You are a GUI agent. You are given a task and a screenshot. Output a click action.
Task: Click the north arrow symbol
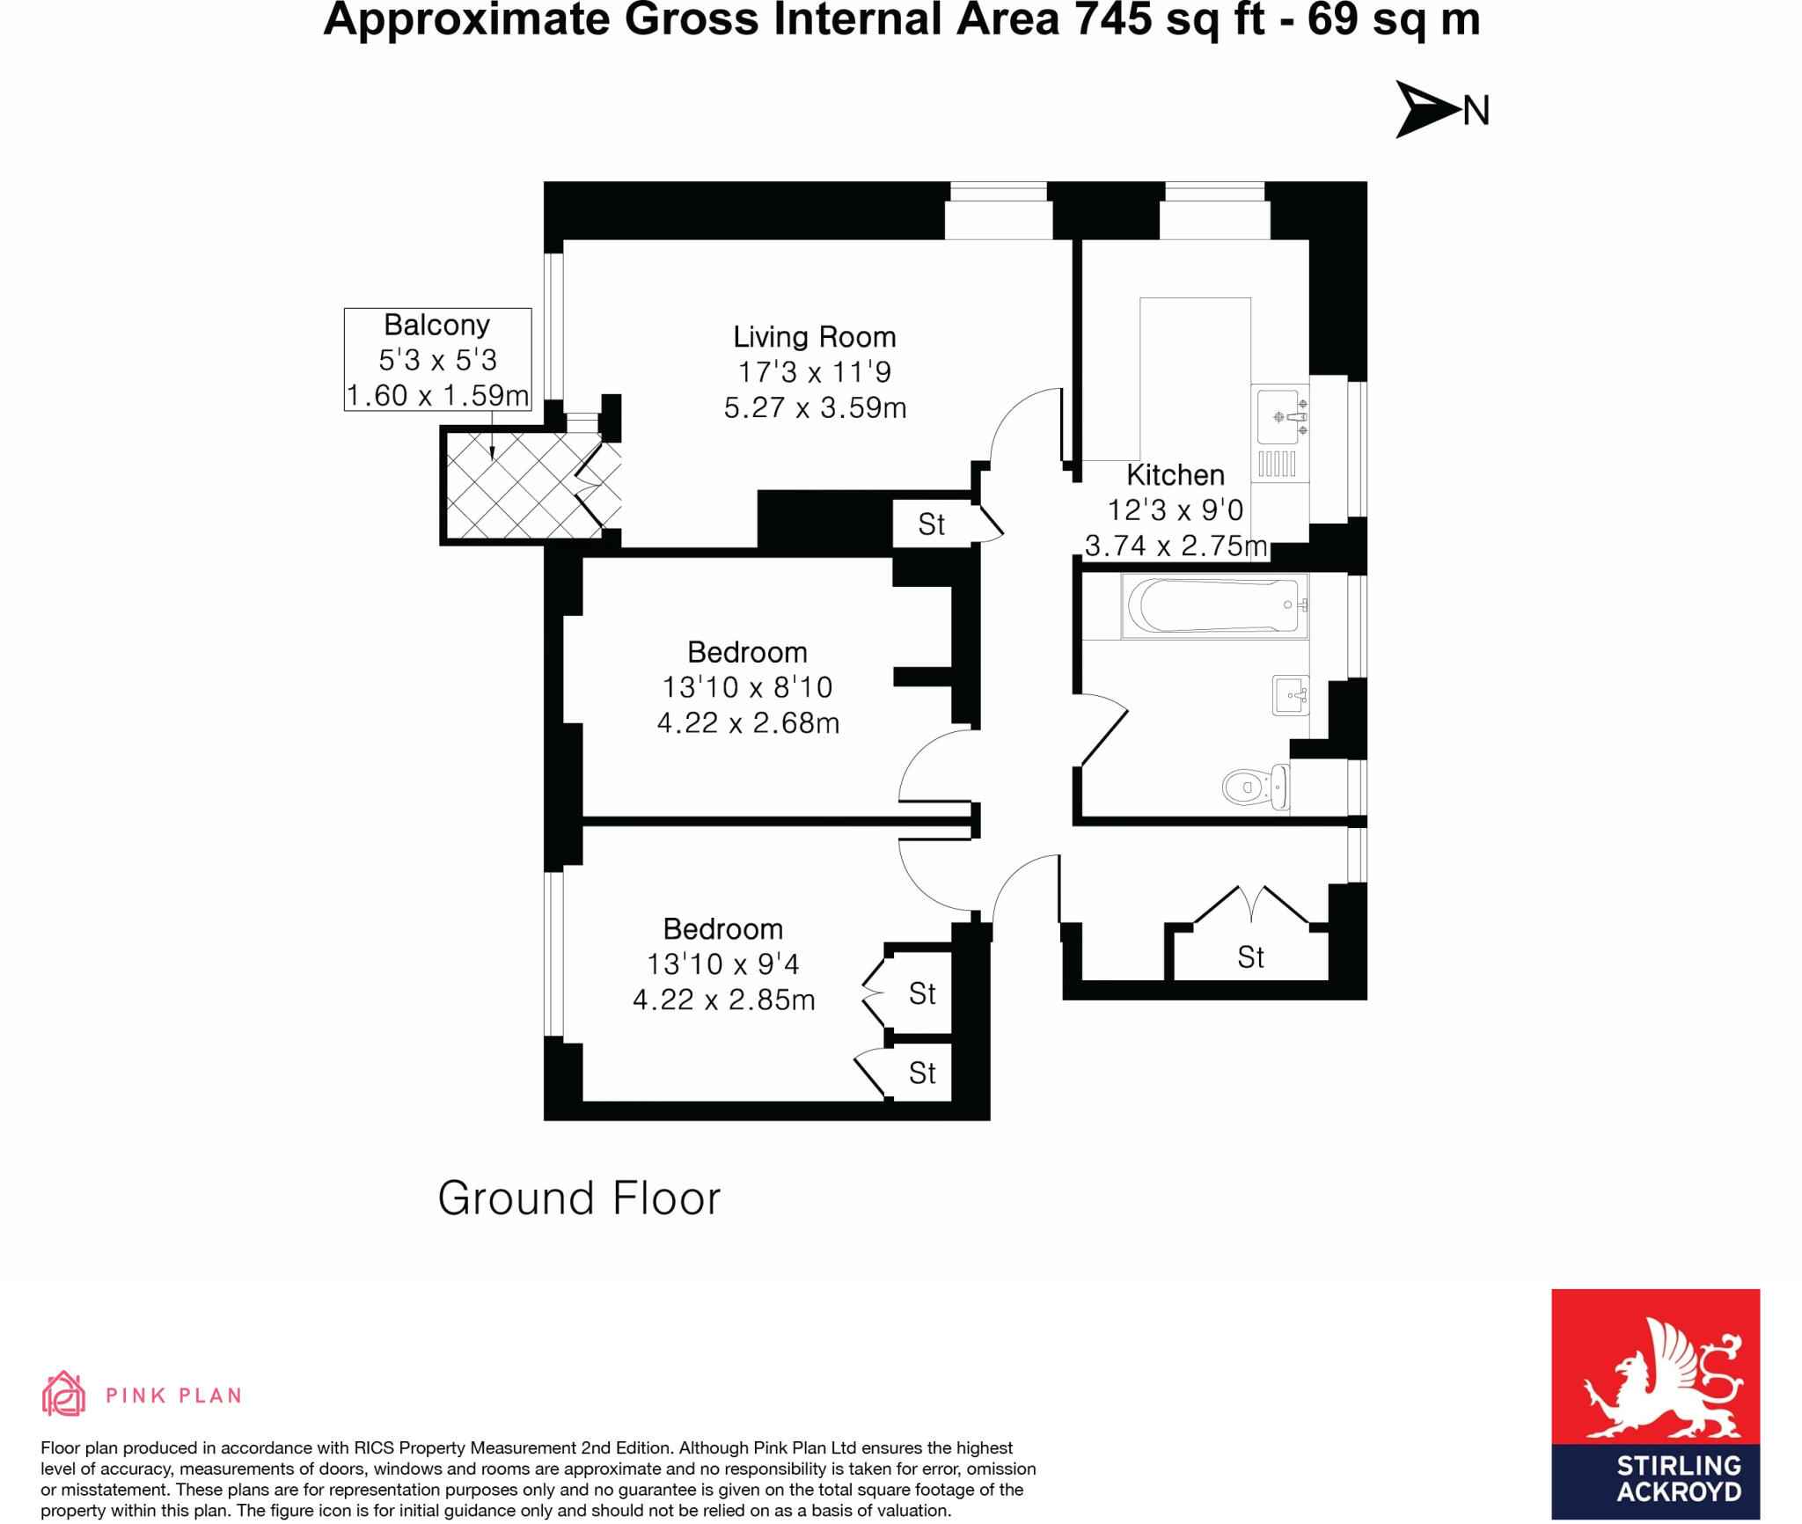click(x=1426, y=110)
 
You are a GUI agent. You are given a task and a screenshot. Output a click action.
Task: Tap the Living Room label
click(x=814, y=337)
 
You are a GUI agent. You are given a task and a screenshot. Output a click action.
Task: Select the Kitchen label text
click(x=1175, y=475)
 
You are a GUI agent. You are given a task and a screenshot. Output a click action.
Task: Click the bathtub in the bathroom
click(x=1214, y=605)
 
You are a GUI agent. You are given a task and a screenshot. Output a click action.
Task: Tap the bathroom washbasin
click(x=1291, y=695)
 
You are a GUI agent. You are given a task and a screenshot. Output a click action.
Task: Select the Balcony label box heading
click(x=436, y=325)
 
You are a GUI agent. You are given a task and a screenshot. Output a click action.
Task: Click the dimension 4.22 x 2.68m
click(x=748, y=723)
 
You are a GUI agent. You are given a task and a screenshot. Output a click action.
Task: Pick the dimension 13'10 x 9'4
click(x=722, y=964)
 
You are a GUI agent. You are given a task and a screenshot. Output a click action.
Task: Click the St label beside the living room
click(x=931, y=525)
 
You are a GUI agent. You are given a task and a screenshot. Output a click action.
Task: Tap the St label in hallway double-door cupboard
click(x=1250, y=957)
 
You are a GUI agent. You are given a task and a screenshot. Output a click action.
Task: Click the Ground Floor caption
click(x=579, y=1198)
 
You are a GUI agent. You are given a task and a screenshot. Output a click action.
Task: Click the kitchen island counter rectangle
click(x=1194, y=378)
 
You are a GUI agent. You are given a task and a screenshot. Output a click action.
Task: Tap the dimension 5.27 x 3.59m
click(x=814, y=408)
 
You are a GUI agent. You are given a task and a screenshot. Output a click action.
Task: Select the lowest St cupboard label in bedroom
click(x=921, y=1073)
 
